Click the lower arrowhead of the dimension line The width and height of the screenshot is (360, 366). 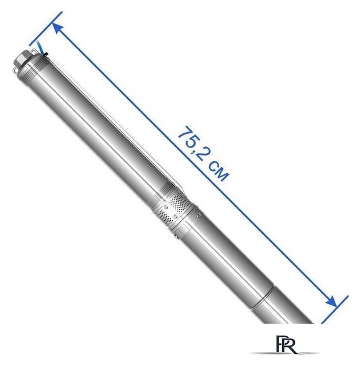click(x=331, y=301)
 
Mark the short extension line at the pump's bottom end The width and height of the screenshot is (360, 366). click(x=335, y=309)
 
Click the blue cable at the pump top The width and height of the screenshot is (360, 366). click(x=40, y=47)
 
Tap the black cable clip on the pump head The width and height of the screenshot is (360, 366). click(x=45, y=54)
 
